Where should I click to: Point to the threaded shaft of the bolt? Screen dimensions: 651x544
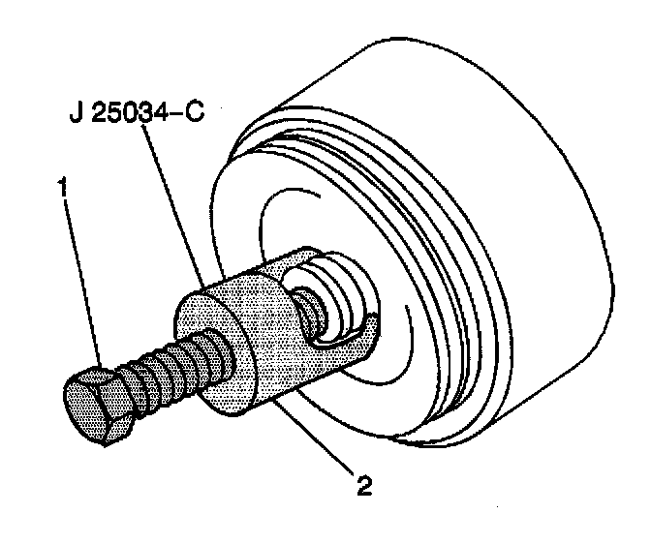[x=165, y=373]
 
